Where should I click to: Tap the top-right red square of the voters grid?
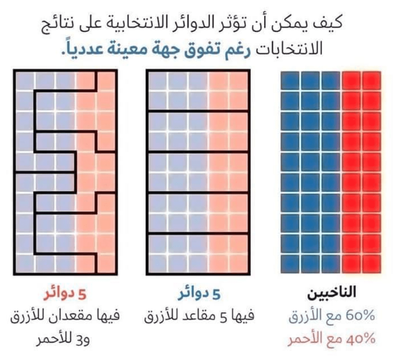click(371, 81)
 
